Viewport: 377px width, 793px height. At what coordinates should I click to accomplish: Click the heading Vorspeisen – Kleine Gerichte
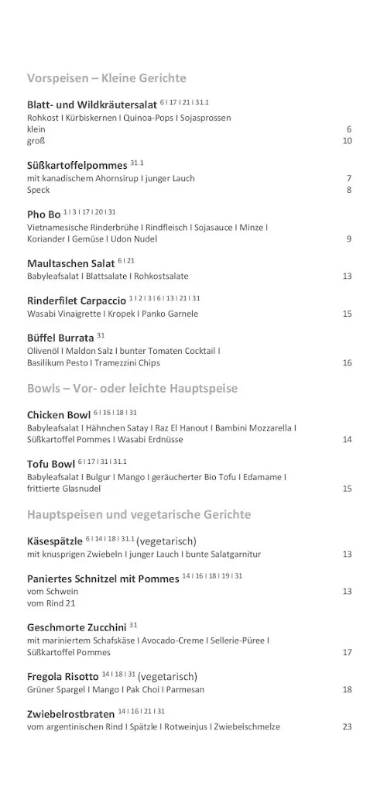(x=106, y=78)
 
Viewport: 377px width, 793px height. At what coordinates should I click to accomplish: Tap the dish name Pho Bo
(x=43, y=214)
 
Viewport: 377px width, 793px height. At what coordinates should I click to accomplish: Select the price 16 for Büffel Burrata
(x=347, y=362)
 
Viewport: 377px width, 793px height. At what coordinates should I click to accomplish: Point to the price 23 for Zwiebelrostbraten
(x=347, y=726)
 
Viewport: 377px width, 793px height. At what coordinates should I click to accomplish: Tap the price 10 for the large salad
(x=347, y=141)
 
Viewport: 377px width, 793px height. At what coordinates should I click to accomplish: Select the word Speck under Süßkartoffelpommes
(x=38, y=190)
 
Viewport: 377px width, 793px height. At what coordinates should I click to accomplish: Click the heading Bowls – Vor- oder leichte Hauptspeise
(x=132, y=388)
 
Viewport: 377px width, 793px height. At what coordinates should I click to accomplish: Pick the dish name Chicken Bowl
(x=59, y=415)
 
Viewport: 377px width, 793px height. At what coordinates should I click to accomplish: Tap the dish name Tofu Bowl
(x=51, y=465)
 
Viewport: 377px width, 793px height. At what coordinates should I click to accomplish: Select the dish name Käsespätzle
(x=55, y=541)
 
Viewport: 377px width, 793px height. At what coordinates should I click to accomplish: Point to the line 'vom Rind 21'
(x=51, y=603)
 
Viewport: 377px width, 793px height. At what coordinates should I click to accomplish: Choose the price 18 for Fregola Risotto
(x=347, y=689)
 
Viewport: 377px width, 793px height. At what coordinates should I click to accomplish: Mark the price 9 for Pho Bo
(x=349, y=239)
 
